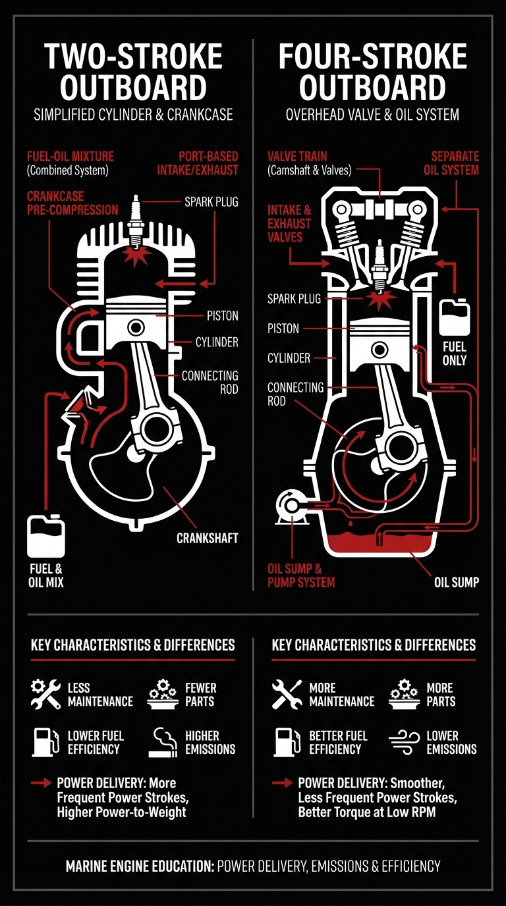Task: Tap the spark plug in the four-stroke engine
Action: pos(379,265)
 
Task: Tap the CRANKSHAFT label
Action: pos(207,538)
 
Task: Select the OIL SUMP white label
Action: pos(456,582)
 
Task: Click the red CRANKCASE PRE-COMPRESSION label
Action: pos(72,203)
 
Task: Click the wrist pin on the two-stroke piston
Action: pos(136,327)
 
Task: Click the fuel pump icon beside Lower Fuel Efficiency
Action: pos(44,741)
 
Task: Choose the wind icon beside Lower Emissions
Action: pos(404,741)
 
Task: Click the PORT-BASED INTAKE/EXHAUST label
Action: pos(208,163)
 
